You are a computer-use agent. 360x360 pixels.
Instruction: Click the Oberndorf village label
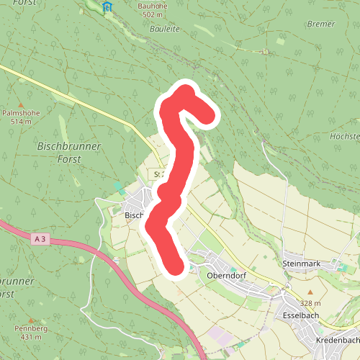pyautogui.click(x=228, y=275)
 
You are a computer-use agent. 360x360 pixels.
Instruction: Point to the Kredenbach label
pyautogui.click(x=337, y=338)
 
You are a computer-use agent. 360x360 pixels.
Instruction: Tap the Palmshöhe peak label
pyautogui.click(x=21, y=113)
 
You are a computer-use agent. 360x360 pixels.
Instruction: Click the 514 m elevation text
pyautogui.click(x=21, y=122)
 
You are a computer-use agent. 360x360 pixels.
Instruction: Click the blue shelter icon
pyautogui.click(x=107, y=7)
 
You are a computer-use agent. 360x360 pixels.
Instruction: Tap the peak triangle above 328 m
pyautogui.click(x=310, y=292)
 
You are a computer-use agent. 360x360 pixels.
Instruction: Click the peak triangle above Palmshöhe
pyautogui.click(x=21, y=104)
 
